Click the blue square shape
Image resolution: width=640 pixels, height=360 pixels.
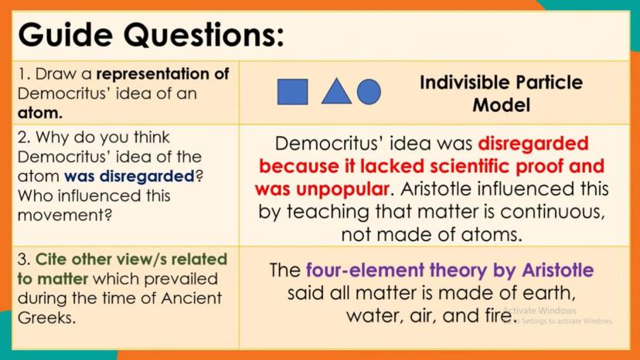(292, 92)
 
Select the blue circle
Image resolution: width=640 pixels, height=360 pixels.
(369, 91)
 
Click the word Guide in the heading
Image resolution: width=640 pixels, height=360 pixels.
(65, 35)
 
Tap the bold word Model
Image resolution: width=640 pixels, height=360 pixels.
(501, 105)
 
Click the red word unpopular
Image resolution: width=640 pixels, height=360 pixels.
(342, 189)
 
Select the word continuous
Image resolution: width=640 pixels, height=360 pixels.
(552, 212)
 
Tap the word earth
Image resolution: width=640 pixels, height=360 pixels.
(549, 293)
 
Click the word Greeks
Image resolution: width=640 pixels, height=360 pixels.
(46, 318)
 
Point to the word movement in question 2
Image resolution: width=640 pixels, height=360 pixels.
(64, 215)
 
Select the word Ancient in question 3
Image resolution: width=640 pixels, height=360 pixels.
(192, 298)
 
